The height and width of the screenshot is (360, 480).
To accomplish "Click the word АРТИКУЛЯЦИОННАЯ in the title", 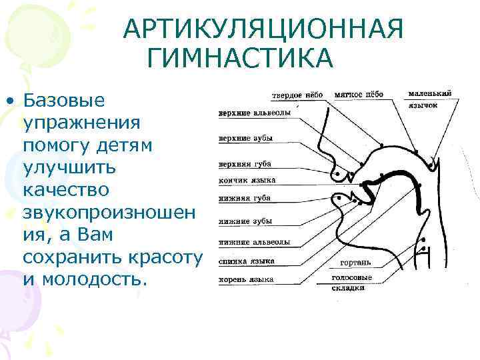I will [x=264, y=30].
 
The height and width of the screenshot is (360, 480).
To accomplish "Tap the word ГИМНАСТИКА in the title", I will [x=239, y=58].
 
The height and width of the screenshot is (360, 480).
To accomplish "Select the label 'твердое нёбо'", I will [x=297, y=95].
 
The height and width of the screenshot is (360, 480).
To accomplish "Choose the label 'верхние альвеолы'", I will [x=255, y=113].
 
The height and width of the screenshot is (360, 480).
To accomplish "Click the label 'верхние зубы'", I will [x=246, y=139].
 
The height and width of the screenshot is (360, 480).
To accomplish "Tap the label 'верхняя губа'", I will [x=245, y=164].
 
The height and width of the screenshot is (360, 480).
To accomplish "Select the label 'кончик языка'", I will [x=247, y=180].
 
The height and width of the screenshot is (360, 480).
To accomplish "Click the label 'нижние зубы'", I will [x=245, y=221].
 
